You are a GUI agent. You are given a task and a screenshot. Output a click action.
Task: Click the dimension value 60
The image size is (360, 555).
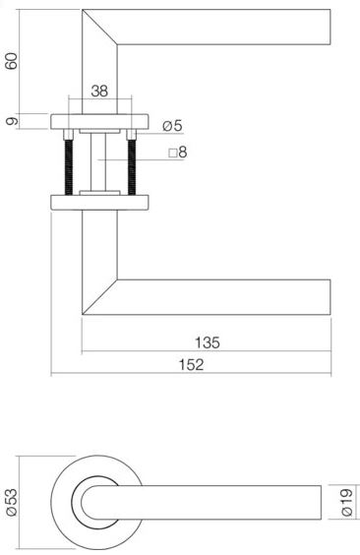(12, 61)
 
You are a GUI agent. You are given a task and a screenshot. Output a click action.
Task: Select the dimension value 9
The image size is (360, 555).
(12, 121)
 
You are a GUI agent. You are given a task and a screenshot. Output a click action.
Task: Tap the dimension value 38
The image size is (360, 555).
(99, 91)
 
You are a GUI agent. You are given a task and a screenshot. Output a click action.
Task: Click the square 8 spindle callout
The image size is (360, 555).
(176, 154)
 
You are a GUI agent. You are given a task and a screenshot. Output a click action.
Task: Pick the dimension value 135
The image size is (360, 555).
(206, 343)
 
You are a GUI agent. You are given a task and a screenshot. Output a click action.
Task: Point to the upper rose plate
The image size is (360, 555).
(99, 122)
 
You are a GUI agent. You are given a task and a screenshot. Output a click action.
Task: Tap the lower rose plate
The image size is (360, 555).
(99, 203)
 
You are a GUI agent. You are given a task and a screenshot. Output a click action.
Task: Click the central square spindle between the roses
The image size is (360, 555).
(99, 162)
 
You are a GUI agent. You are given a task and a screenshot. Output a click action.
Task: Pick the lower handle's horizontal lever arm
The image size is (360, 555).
(226, 296)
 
